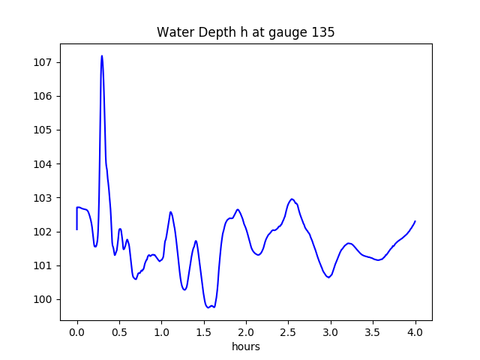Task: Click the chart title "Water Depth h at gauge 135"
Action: (245, 33)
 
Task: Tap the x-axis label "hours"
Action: (246, 347)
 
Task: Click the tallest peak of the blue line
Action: (102, 56)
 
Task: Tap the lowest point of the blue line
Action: (208, 307)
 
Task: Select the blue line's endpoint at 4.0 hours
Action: (415, 221)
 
